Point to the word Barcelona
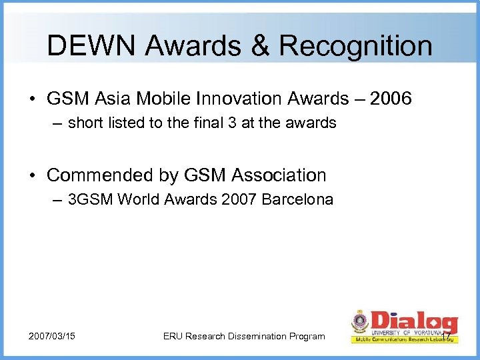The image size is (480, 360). point(302,199)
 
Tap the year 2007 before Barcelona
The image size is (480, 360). point(246,199)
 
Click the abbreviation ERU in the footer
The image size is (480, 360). point(174,336)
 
